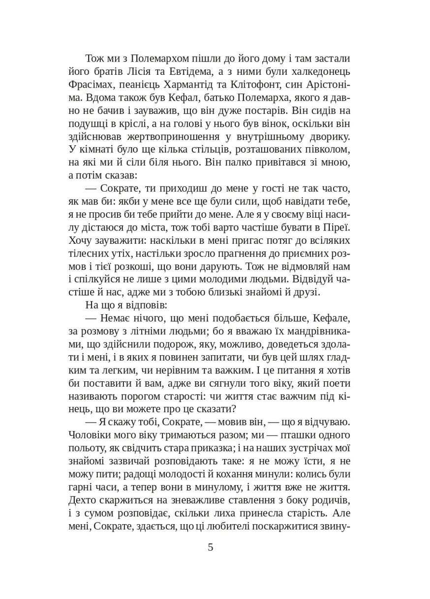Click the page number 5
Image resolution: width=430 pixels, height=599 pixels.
pos(211,547)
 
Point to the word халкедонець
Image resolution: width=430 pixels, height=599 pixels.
pos(318,71)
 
